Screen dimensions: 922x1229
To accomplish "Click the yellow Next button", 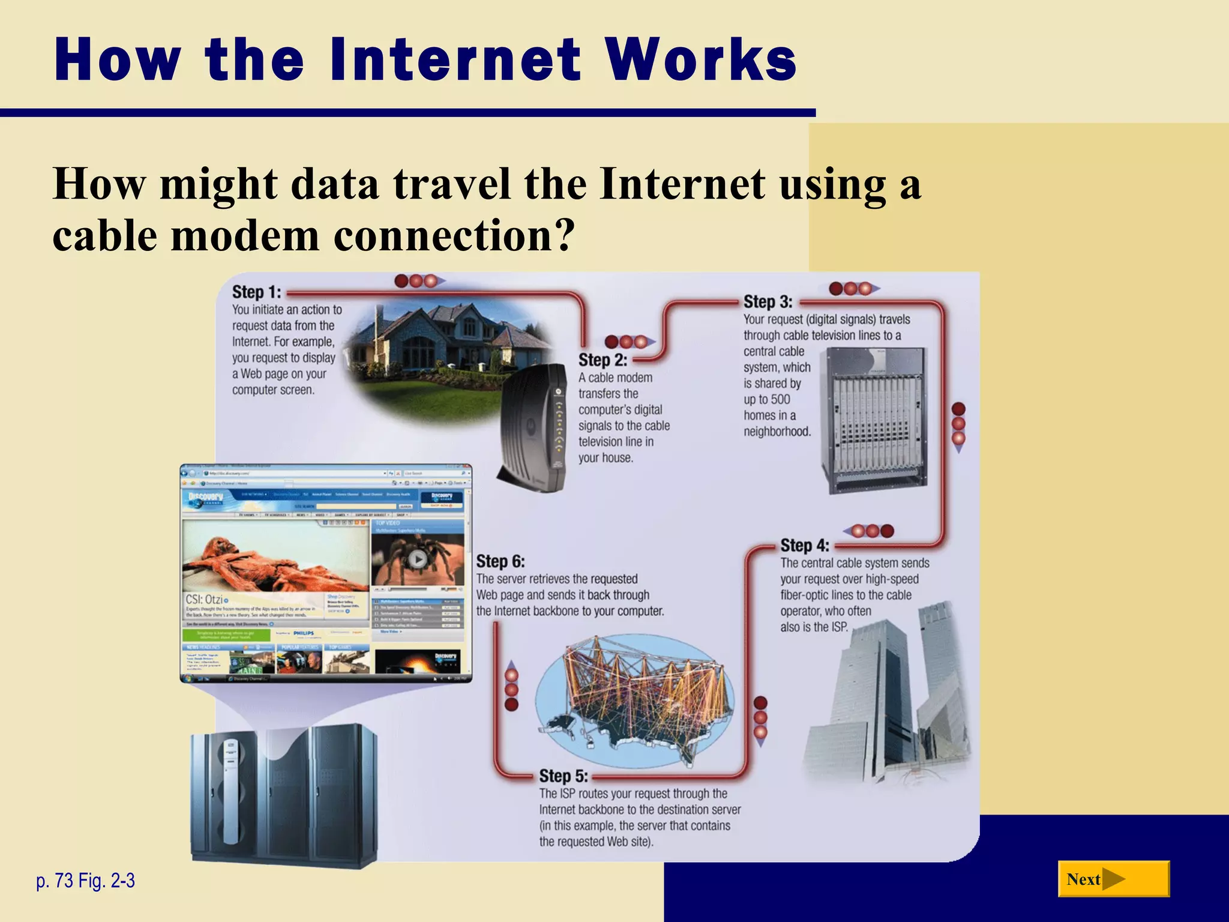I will [x=1113, y=879].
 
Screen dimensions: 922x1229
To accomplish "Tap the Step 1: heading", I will [x=256, y=292].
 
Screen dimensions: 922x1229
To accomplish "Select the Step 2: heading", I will [x=602, y=360].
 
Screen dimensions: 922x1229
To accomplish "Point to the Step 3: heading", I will [x=768, y=302].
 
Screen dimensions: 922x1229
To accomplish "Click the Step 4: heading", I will [x=804, y=546].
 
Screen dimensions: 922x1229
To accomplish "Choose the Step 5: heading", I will [x=563, y=776].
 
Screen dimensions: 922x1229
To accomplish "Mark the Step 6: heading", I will [x=500, y=562].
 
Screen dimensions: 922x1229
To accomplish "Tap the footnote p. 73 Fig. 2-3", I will [x=85, y=881].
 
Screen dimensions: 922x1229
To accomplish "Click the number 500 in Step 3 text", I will [x=780, y=400].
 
